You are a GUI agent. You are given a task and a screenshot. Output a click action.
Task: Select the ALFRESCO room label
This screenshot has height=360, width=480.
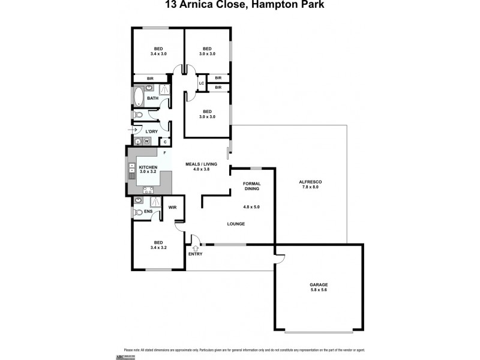(x=311, y=184)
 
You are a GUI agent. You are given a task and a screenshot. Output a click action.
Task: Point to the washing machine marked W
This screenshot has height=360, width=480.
(x=146, y=142)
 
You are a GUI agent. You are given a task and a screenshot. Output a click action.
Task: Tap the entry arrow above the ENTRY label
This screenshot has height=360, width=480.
(x=194, y=247)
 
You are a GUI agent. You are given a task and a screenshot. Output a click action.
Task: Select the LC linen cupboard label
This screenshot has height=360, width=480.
(x=202, y=83)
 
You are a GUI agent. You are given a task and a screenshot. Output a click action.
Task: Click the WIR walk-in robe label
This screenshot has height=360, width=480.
(x=172, y=208)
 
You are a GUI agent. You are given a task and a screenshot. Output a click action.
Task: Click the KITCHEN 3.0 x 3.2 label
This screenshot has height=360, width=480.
(x=148, y=169)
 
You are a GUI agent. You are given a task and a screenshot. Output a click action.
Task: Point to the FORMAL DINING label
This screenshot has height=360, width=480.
(x=251, y=187)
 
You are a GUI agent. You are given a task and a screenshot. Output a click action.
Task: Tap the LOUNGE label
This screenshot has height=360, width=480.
(x=236, y=224)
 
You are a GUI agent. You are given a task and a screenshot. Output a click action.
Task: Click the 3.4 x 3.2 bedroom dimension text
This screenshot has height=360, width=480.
(x=158, y=246)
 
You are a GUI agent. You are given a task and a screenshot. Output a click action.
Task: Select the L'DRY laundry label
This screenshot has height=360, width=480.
(x=151, y=131)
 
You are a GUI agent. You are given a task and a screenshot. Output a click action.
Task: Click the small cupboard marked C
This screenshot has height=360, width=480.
(x=164, y=142)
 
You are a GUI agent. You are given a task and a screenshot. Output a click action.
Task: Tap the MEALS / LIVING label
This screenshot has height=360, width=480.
(x=201, y=166)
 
